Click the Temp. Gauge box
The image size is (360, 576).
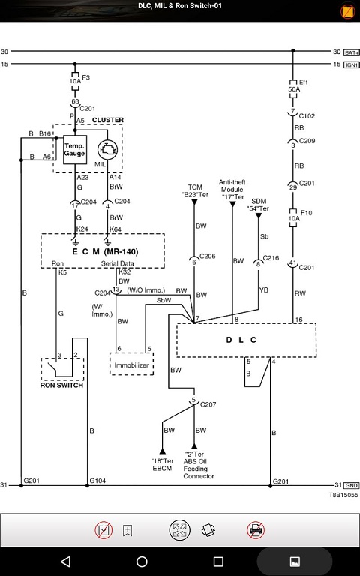tap(75, 150)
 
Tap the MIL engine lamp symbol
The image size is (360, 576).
tap(107, 150)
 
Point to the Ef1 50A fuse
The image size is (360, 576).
tap(293, 89)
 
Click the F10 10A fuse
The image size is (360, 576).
tap(293, 218)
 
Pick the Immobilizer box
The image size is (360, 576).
tap(131, 364)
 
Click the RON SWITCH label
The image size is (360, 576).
tap(61, 385)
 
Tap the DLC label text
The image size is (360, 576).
tap(241, 340)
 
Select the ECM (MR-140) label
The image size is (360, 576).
tap(105, 252)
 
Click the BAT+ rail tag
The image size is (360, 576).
tap(352, 52)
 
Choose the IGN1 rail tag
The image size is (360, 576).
tap(352, 64)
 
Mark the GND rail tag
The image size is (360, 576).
tap(352, 485)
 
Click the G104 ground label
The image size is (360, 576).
tap(97, 481)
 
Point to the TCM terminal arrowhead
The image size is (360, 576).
tap(194, 202)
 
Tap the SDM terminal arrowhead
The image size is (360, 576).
tap(259, 216)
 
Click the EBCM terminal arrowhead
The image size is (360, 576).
tap(162, 451)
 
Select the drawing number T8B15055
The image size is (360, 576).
tap(343, 495)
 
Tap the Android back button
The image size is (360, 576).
tap(65, 561)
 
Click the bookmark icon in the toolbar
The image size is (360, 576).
tap(127, 530)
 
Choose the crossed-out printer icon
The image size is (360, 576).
tap(256, 530)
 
